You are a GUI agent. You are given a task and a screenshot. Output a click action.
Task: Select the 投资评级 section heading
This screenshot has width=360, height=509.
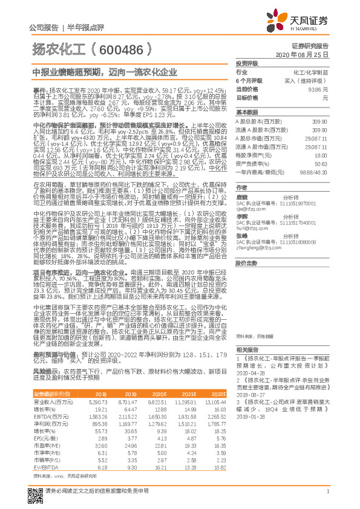point(247,63)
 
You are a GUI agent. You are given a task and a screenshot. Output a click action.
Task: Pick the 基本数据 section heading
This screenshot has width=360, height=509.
point(247,112)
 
